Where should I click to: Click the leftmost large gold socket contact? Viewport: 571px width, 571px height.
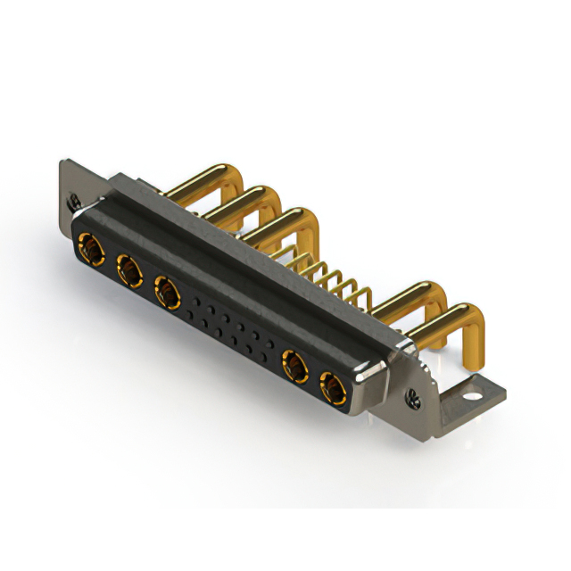click(89, 245)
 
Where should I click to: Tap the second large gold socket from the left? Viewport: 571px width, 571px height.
click(127, 267)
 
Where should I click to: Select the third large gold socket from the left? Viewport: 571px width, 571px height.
click(166, 288)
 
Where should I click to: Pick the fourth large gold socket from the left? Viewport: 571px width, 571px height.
click(294, 363)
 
